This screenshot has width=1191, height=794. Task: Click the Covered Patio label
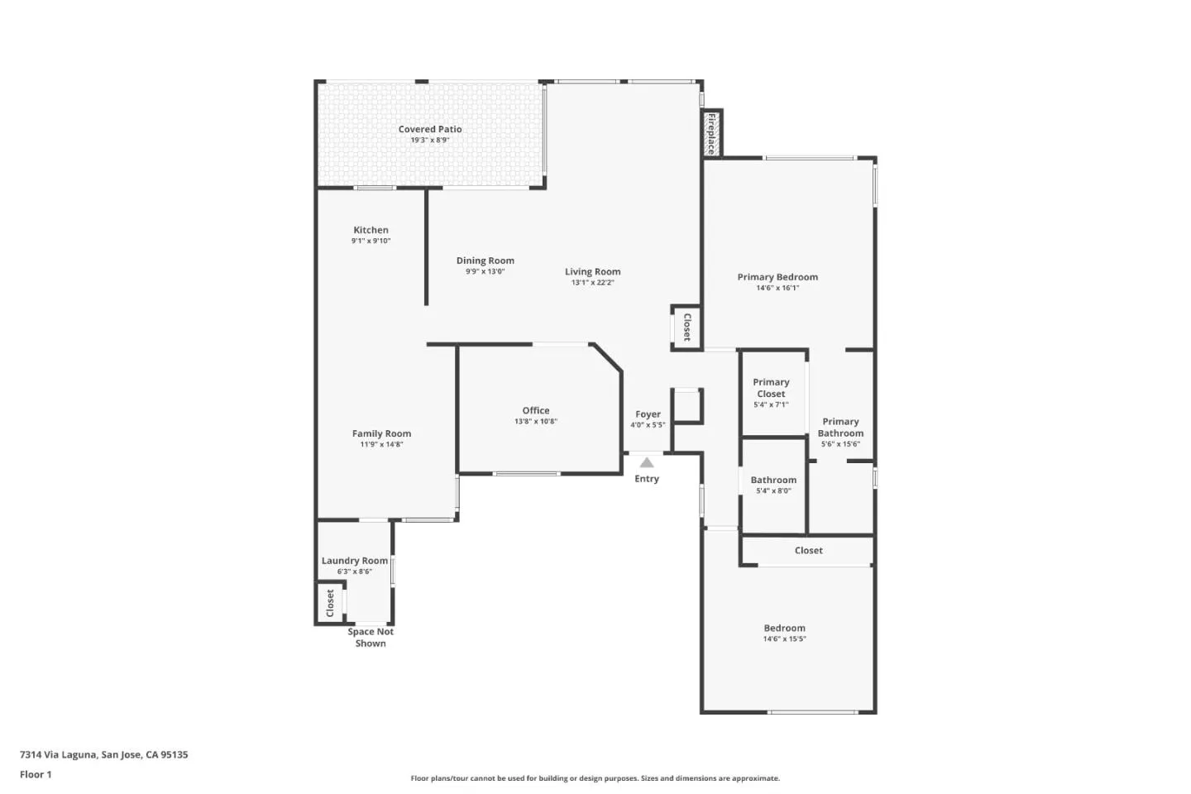pyautogui.click(x=430, y=129)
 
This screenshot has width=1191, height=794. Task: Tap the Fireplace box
pyautogui.click(x=711, y=133)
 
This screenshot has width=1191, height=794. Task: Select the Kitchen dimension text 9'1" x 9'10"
pyautogui.click(x=371, y=242)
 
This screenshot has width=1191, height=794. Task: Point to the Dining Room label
pyautogui.click(x=485, y=261)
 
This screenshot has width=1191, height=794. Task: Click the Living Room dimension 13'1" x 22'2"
pyautogui.click(x=592, y=283)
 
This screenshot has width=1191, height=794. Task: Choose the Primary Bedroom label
pyautogui.click(x=777, y=277)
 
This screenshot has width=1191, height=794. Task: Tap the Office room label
pyautogui.click(x=536, y=410)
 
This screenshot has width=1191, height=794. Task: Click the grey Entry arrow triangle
pyautogui.click(x=647, y=462)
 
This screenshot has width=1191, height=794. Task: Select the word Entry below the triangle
pyautogui.click(x=647, y=479)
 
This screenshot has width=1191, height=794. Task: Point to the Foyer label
pyautogui.click(x=648, y=414)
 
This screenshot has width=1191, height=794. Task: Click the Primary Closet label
pyautogui.click(x=771, y=388)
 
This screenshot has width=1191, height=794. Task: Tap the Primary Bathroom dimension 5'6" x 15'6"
pyautogui.click(x=840, y=444)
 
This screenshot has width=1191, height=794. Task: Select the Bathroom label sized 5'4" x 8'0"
pyautogui.click(x=773, y=480)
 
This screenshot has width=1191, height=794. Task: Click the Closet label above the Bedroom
pyautogui.click(x=809, y=551)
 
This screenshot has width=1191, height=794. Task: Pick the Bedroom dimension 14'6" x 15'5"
pyautogui.click(x=784, y=639)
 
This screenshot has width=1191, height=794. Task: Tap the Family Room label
pyautogui.click(x=381, y=433)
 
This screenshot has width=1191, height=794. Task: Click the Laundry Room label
pyautogui.click(x=355, y=561)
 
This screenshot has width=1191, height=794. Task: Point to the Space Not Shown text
pyautogui.click(x=371, y=638)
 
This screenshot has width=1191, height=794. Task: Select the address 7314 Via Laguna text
pyautogui.click(x=104, y=754)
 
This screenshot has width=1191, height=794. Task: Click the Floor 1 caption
pyautogui.click(x=36, y=775)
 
